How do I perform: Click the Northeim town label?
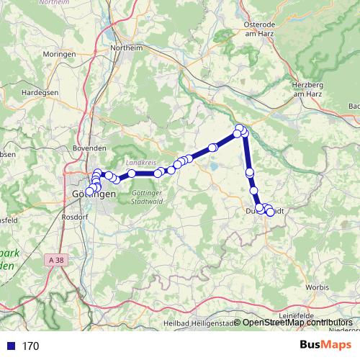pyautogui.click(x=126, y=48)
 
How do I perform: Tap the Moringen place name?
pyautogui.click(x=60, y=55)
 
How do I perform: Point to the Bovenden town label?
pyautogui.click(x=89, y=148)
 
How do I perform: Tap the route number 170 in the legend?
pyautogui.click(x=30, y=346)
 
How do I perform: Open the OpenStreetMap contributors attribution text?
pyautogui.click(x=297, y=323)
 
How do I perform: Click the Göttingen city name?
pyautogui.click(x=94, y=195)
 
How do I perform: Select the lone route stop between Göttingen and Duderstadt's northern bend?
pyautogui.click(x=212, y=148)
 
